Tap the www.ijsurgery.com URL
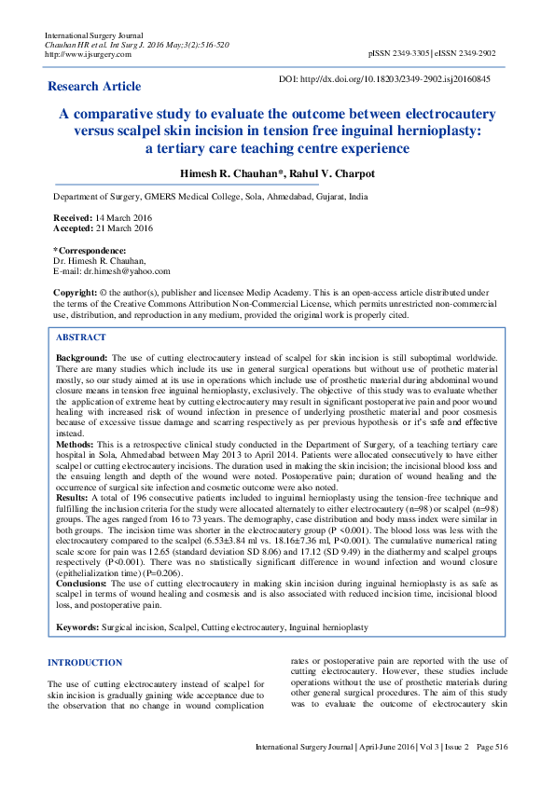pyautogui.click(x=89, y=54)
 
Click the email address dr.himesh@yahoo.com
pyautogui.click(x=124, y=270)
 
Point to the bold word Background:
pyautogui.click(x=82, y=358)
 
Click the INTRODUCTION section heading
pyautogui.click(x=85, y=663)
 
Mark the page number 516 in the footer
pyautogui.click(x=500, y=748)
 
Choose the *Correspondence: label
pyautogui.click(x=90, y=251)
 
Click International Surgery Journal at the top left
pyautogui.click(x=91, y=35)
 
